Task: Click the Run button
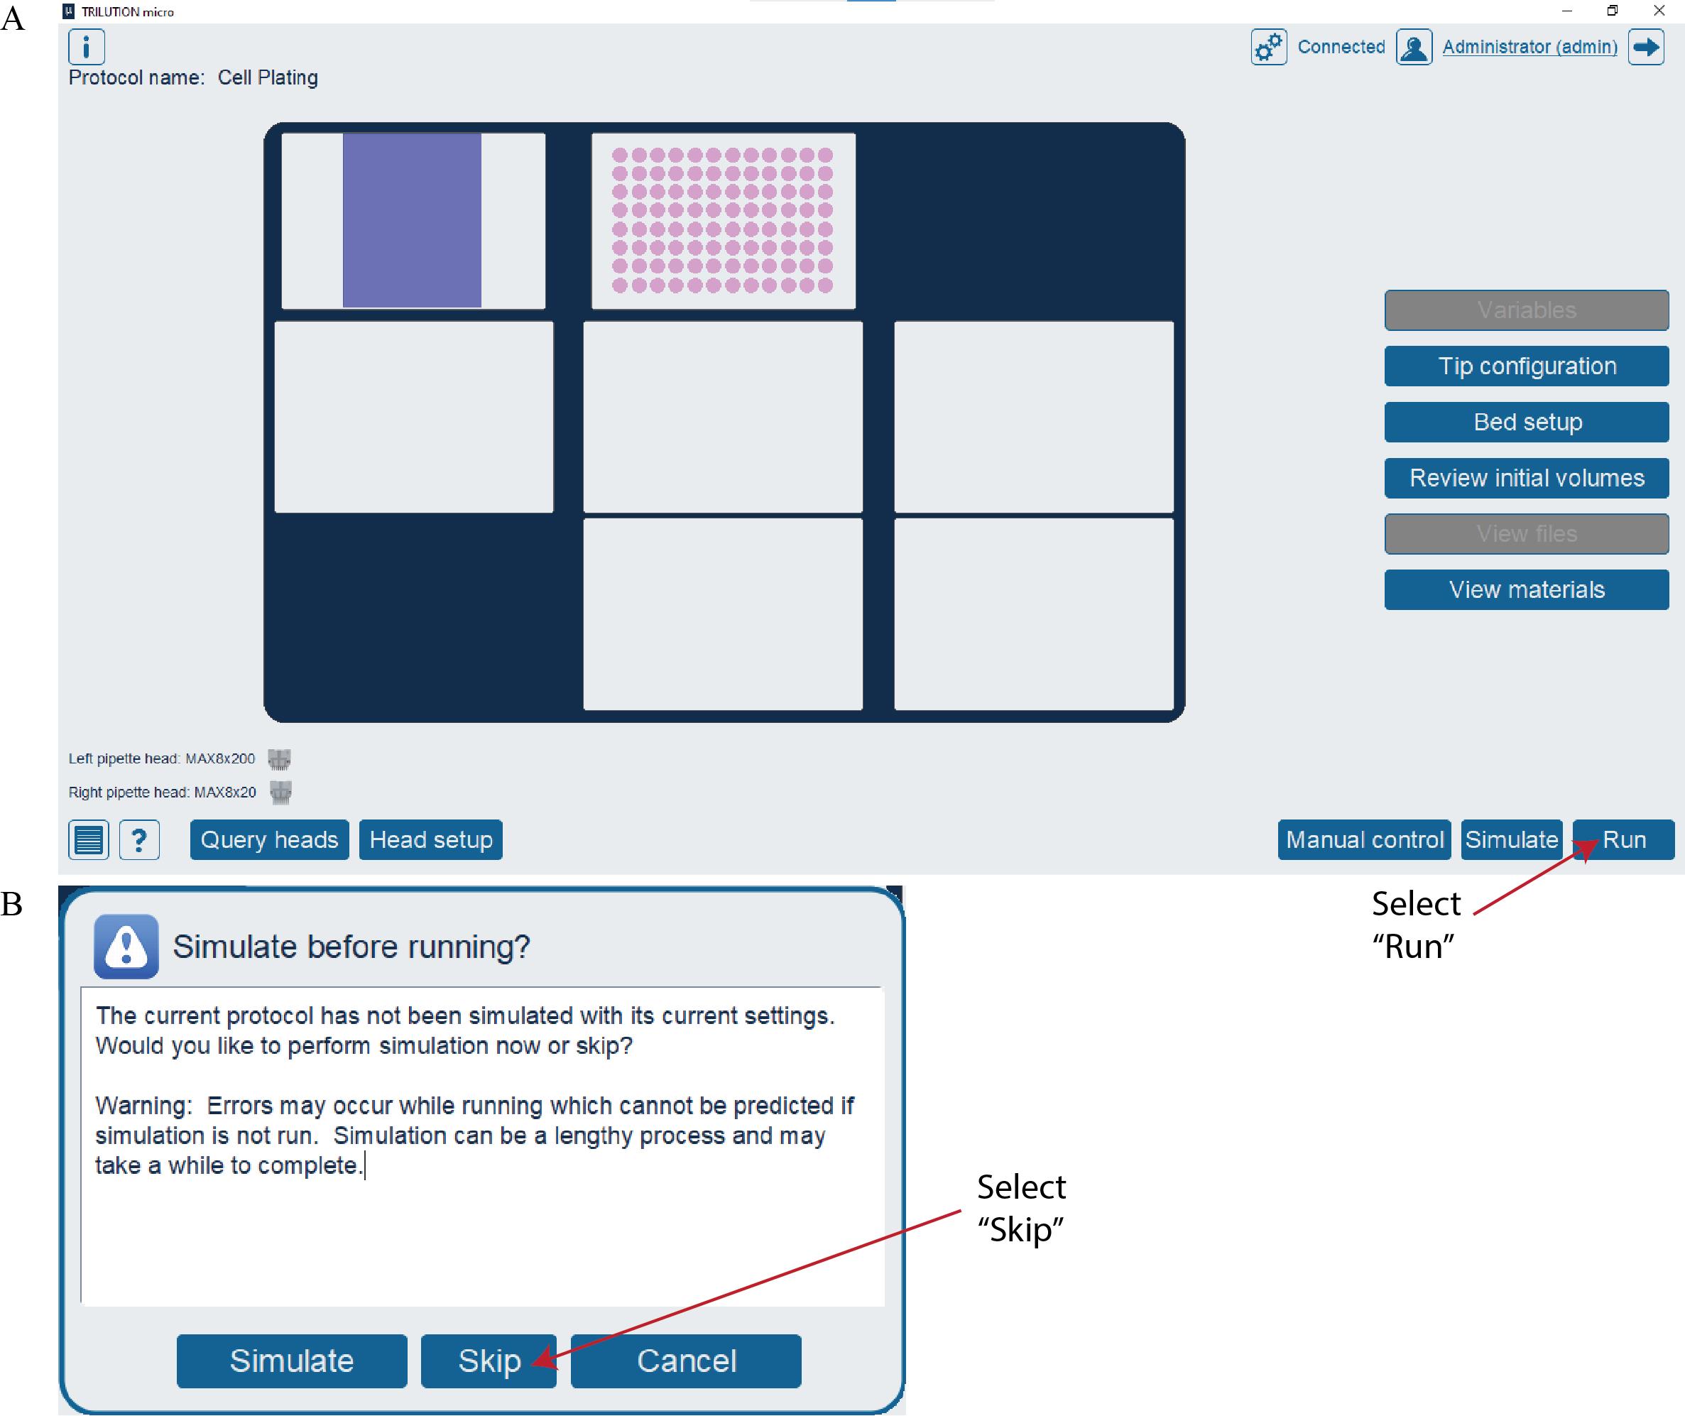(1623, 839)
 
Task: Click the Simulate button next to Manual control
(1511, 839)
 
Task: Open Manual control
(1364, 839)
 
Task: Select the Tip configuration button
(1526, 366)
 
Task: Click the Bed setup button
(1526, 423)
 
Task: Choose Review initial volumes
(1526, 478)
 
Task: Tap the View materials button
(1526, 590)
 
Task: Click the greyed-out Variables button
(1526, 310)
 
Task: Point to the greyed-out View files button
(1526, 534)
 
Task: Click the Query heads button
(269, 839)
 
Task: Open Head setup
(430, 839)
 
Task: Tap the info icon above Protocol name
(86, 47)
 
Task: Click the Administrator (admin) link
(1529, 47)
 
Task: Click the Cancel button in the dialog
(685, 1361)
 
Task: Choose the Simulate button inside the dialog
(291, 1361)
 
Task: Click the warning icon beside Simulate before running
(126, 947)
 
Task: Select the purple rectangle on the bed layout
(412, 220)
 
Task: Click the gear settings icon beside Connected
(1268, 47)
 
